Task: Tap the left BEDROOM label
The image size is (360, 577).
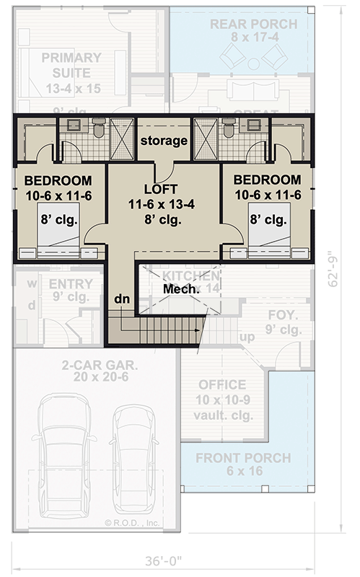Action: point(58,180)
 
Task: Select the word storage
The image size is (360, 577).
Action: point(164,140)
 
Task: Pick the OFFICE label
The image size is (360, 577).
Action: point(222,384)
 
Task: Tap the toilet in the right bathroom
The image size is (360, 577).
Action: point(229,128)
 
